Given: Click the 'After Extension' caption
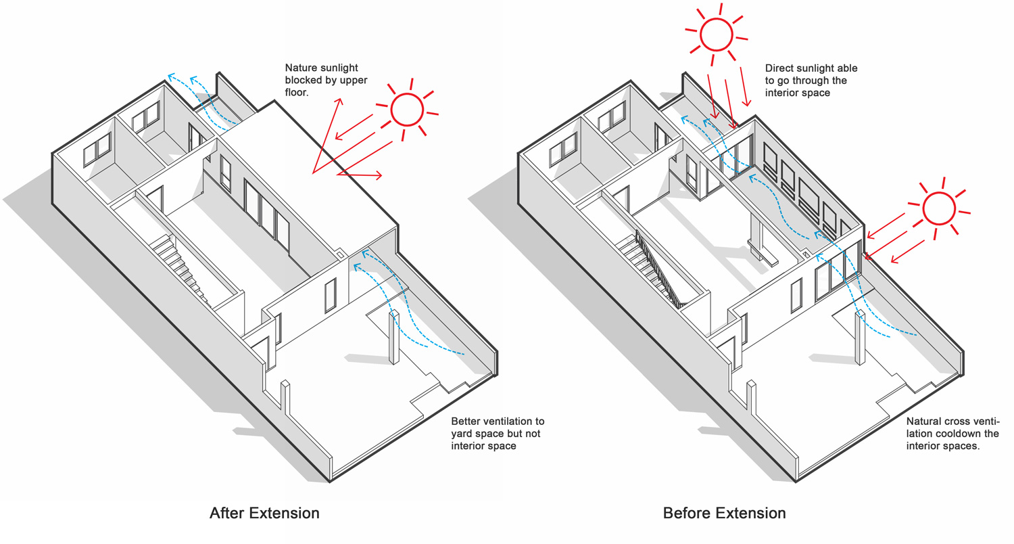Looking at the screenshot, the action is [264, 513].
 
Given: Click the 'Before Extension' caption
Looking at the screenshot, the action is [724, 513].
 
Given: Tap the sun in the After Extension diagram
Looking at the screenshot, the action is [407, 110].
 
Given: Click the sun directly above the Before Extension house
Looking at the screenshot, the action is [716, 35].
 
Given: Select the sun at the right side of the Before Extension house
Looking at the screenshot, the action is [939, 208].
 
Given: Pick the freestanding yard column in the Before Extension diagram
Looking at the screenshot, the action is [860, 338].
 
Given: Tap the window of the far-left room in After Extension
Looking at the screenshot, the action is [97, 150].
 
